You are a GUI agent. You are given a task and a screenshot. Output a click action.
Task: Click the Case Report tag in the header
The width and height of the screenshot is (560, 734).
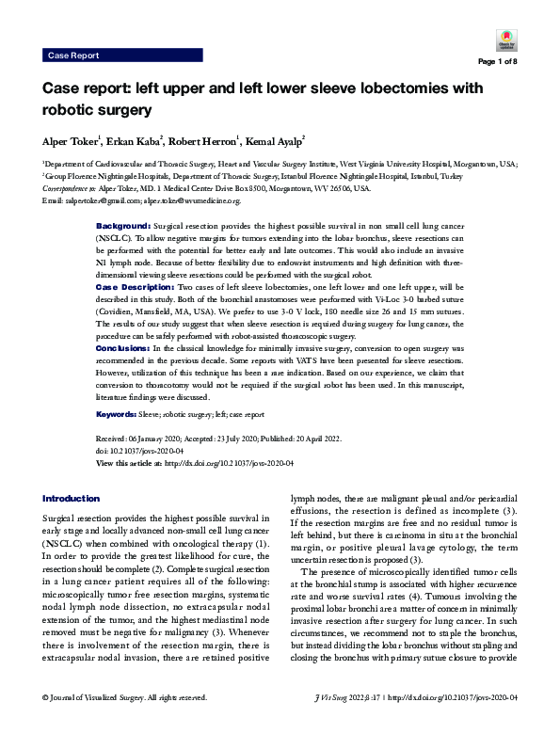point(72,56)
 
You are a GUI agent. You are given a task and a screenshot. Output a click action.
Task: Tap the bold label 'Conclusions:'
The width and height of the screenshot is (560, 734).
point(124,347)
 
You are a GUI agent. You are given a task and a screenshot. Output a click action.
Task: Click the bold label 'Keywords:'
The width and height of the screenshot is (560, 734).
point(121,415)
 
